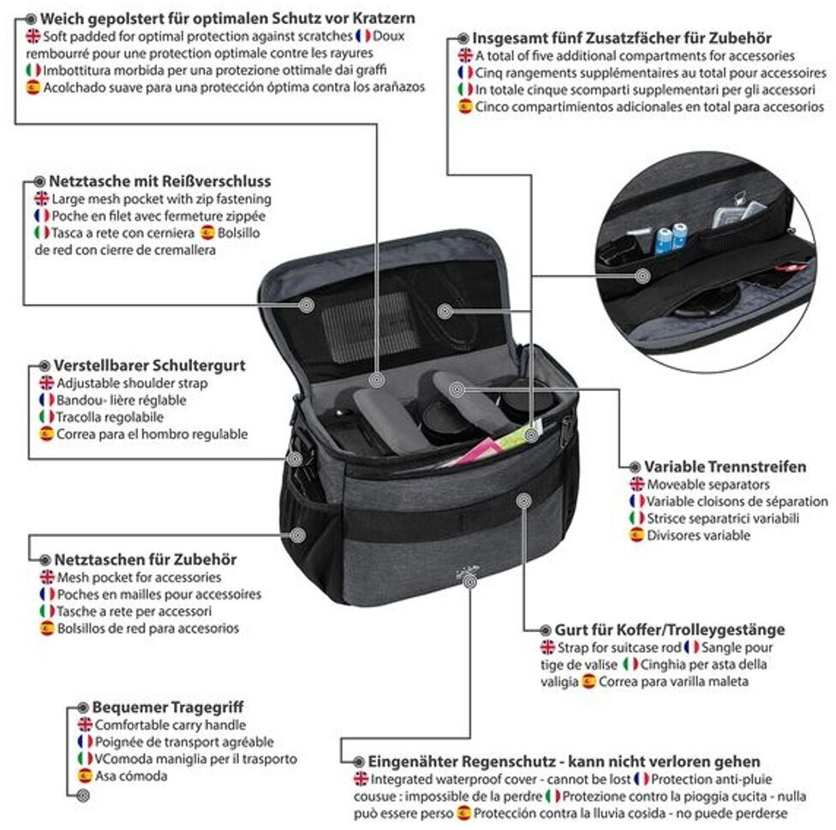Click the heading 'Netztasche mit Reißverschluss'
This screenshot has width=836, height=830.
(160, 182)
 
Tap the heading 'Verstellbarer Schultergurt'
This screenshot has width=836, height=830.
(150, 366)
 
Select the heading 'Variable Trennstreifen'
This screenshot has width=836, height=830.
(726, 467)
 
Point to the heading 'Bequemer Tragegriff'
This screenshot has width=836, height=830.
(168, 708)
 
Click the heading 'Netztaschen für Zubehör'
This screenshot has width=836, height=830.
(146, 559)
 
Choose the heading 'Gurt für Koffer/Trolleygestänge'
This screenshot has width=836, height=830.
(670, 630)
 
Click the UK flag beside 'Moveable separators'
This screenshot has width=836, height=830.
(636, 484)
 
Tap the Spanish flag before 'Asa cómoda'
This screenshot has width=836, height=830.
(86, 776)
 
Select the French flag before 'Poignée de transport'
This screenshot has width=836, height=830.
(86, 742)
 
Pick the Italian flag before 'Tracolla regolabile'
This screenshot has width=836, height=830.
(47, 417)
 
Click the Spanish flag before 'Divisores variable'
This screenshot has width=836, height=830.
(636, 534)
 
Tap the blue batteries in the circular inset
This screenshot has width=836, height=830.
(671, 238)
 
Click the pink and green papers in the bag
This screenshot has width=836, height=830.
(491, 445)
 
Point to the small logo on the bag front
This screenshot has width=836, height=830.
(468, 572)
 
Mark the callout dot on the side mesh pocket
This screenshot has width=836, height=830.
(297, 534)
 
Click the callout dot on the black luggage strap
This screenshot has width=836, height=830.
(524, 500)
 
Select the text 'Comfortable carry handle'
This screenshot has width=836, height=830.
(170, 725)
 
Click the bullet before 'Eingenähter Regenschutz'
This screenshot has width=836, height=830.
(360, 761)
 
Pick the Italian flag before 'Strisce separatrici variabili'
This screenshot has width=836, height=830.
(636, 517)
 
